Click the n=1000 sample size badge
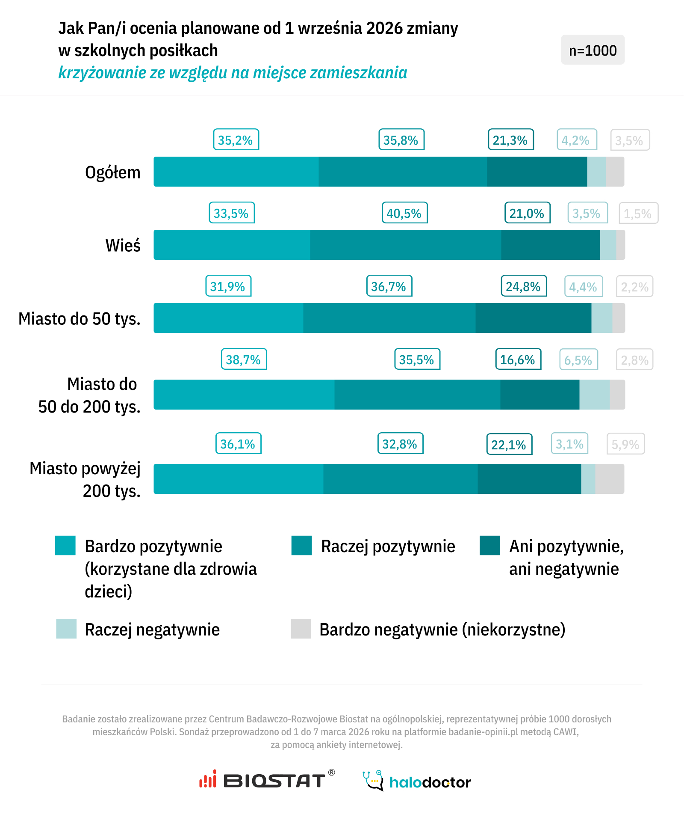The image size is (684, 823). (x=593, y=50)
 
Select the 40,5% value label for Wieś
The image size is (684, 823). (x=404, y=213)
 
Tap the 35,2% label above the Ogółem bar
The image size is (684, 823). (x=236, y=140)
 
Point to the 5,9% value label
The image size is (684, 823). (x=625, y=444)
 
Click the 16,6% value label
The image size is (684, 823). (x=518, y=360)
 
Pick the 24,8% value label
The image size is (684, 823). (x=524, y=286)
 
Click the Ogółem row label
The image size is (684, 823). (x=113, y=172)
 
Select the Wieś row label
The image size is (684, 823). (x=123, y=246)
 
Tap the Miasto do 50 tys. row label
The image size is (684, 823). (x=80, y=319)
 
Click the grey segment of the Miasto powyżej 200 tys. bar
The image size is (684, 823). (x=610, y=479)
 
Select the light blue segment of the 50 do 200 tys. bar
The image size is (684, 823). (x=594, y=395)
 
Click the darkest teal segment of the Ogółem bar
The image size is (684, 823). (x=537, y=172)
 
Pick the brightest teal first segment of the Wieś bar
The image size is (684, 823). (x=232, y=245)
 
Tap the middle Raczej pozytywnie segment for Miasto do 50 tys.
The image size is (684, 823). (x=389, y=318)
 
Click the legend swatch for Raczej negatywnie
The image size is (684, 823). (x=66, y=629)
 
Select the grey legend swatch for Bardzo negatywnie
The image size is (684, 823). (x=301, y=629)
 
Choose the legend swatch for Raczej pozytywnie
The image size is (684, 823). (x=302, y=545)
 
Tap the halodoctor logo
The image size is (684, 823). (x=417, y=781)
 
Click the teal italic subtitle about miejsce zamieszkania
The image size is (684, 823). (x=233, y=73)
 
